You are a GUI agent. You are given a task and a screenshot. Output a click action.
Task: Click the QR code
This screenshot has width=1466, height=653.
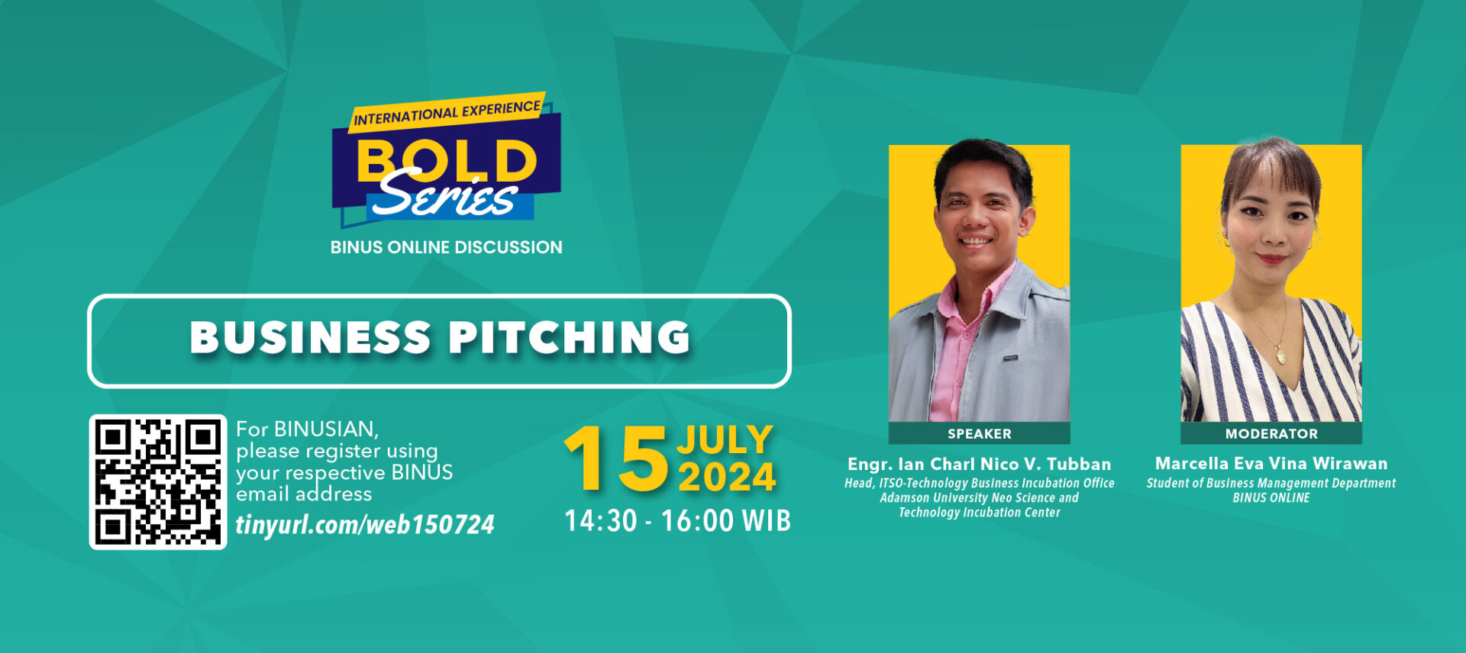coord(158,482)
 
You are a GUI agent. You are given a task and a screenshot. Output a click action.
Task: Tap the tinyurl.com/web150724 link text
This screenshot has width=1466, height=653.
coord(365,525)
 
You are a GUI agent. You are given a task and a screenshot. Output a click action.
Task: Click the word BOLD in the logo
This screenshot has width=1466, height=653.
coord(447,161)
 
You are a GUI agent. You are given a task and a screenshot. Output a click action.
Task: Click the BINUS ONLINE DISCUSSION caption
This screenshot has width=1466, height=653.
coord(447,247)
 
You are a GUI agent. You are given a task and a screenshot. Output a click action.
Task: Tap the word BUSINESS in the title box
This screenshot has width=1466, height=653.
coord(311,337)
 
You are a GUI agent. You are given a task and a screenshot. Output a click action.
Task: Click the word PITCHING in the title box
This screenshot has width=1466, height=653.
coord(570,337)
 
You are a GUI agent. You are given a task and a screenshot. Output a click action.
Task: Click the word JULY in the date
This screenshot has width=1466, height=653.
coord(725,440)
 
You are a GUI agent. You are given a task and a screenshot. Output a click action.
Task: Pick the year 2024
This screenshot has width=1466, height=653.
coord(727,478)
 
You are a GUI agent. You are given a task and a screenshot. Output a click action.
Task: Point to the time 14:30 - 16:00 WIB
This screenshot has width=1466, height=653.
coord(677,521)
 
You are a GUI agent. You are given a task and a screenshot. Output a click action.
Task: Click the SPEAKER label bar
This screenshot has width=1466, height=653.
coord(980,433)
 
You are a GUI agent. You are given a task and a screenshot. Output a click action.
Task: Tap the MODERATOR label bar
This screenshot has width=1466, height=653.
coord(1271,433)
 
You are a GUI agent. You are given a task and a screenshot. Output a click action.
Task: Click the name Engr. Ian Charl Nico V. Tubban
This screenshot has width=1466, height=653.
coord(980,464)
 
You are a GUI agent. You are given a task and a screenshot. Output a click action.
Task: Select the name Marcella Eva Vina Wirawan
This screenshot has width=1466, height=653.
coord(1271,463)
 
